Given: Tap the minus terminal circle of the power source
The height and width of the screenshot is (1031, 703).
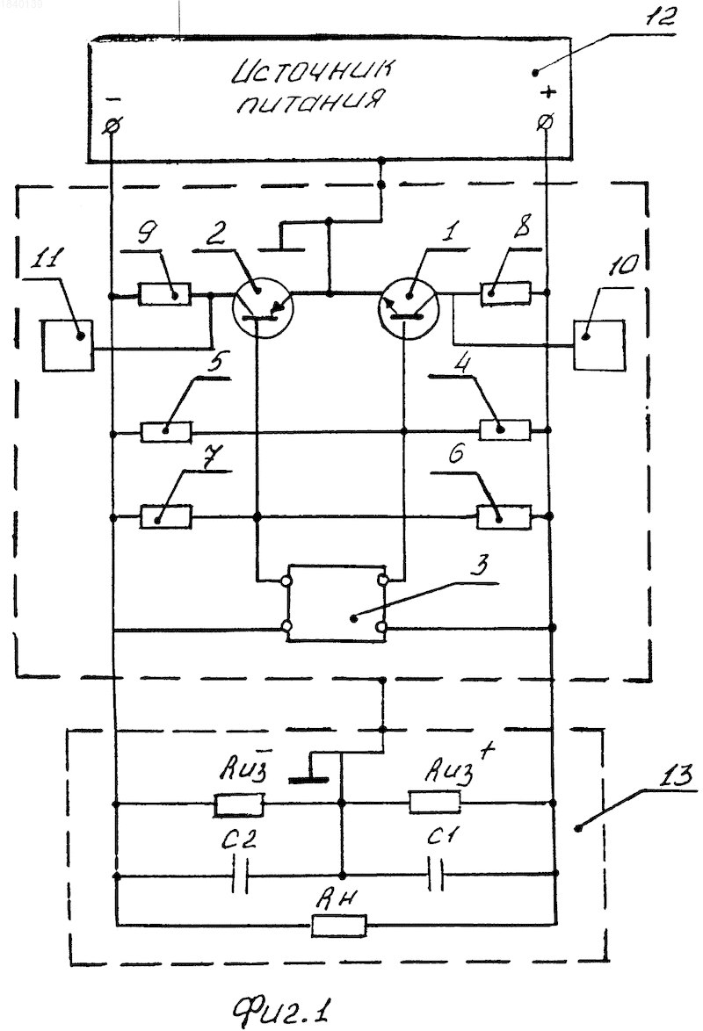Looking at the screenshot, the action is point(112,125).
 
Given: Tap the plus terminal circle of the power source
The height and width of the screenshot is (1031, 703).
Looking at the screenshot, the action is point(546,122).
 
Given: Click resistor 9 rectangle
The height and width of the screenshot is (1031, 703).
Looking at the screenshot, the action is point(165,294).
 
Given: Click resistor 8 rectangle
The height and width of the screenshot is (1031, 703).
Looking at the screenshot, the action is point(505,293).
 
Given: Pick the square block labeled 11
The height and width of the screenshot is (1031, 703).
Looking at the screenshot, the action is point(67,345).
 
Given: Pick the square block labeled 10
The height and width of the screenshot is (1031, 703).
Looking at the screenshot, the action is point(599,345).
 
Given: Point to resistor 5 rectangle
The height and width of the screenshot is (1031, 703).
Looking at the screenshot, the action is point(167,432).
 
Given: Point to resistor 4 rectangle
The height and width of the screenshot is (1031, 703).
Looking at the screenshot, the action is point(505,430).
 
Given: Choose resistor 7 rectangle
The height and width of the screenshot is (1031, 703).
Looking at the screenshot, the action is point(167,516).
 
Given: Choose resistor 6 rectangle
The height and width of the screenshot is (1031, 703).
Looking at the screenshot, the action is point(504,516).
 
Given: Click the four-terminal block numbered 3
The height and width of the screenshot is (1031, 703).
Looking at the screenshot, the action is point(335,602).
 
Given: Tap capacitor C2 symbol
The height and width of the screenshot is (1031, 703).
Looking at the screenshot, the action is point(241,876).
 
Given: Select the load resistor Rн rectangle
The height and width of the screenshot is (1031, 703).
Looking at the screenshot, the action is point(339,926).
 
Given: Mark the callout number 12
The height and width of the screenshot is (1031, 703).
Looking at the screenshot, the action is point(659,17).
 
